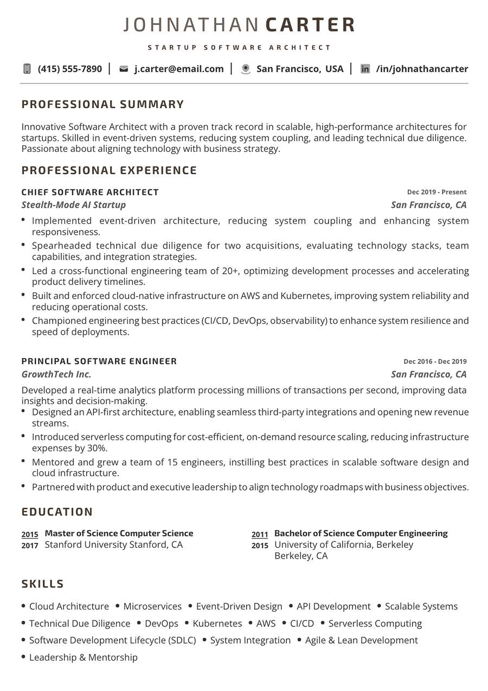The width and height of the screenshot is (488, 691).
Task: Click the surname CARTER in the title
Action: pos(311,25)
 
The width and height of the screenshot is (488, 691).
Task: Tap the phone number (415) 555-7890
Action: pos(69,69)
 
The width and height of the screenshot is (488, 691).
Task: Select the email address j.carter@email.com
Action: pos(179,69)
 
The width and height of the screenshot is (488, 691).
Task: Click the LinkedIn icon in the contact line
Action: pos(365,69)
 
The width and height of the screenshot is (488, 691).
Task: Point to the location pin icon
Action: pos(246,69)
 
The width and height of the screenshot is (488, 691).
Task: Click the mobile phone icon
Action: pos(27,69)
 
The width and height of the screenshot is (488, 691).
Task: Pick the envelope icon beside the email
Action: pos(124,69)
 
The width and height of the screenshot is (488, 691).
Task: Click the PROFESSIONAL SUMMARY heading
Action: pos(103,104)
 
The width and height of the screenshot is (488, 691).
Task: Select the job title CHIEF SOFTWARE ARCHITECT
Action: pos(90,192)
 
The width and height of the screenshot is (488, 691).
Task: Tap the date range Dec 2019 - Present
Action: pos(436,192)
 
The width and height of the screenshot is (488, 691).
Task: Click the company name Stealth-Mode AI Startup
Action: pos(74,204)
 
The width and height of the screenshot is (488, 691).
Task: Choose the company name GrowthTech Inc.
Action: pos(56,374)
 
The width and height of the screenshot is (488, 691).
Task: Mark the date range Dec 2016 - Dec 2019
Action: pos(435,362)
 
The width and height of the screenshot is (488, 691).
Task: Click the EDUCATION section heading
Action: pos(57,512)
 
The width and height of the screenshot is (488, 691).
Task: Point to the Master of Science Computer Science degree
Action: pos(119,533)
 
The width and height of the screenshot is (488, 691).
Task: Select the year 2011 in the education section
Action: pos(260,535)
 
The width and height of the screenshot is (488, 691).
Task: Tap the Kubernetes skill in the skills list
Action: pos(217,624)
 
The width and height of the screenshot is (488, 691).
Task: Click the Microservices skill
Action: pos(152,606)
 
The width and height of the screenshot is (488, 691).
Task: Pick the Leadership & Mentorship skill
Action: pos(84,657)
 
